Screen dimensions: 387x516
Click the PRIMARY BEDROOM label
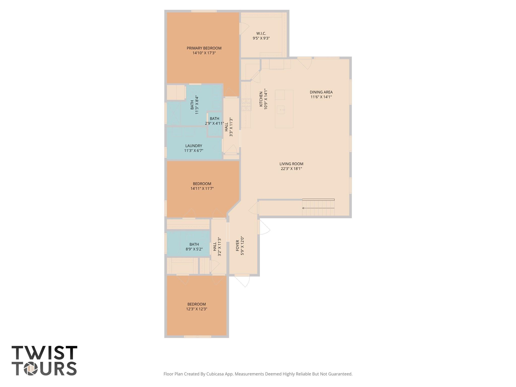coord(204,48)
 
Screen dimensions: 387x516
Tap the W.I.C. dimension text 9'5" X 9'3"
coord(261,38)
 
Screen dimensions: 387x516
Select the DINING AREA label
coord(321,92)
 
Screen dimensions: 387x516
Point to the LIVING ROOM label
coord(291,164)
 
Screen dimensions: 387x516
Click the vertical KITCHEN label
coord(261,99)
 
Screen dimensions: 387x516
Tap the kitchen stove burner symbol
coord(246,105)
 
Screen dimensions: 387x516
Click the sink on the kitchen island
coord(281,110)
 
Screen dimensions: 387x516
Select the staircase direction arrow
coord(318,208)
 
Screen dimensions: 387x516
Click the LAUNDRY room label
coord(193,146)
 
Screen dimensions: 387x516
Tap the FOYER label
coord(237,245)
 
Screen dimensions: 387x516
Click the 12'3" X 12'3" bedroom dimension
coord(197,309)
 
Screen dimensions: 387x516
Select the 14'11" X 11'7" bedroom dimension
coord(202,188)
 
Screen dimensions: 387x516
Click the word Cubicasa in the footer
coord(215,374)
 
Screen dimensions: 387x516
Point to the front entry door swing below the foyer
coord(243,280)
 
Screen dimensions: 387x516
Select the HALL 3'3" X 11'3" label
coord(229,127)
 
